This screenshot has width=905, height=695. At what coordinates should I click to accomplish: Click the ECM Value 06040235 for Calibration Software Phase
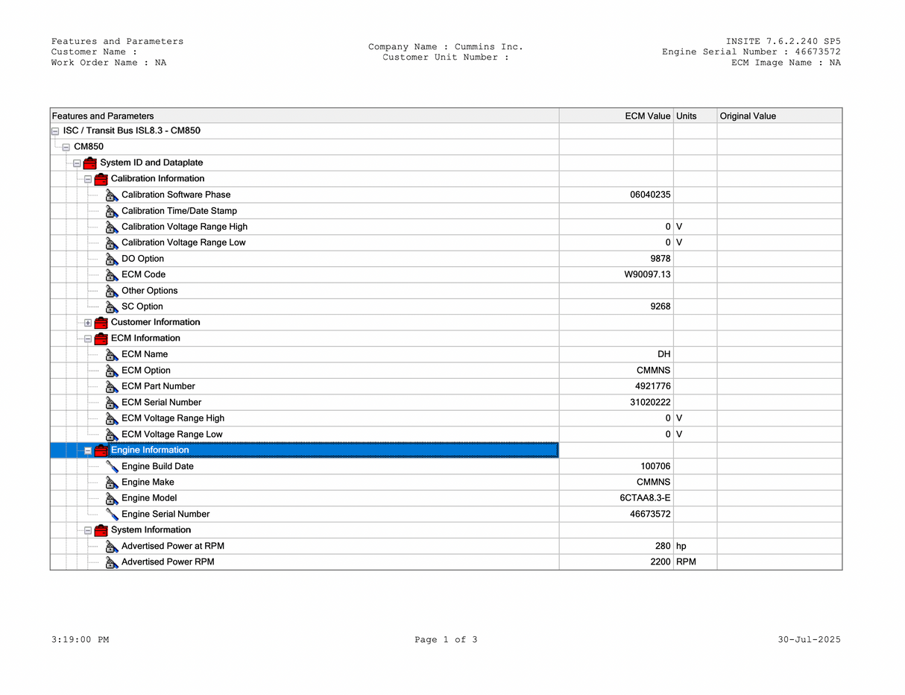(x=650, y=195)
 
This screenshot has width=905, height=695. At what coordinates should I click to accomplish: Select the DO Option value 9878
(x=660, y=259)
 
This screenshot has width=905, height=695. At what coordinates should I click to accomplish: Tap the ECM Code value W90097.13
(x=647, y=274)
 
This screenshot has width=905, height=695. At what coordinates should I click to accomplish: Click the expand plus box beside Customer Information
(x=88, y=323)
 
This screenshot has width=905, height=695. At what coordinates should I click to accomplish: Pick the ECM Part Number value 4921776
(x=652, y=386)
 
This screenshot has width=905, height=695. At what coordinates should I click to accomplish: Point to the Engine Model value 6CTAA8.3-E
(x=646, y=498)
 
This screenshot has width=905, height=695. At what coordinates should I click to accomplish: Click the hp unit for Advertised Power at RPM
(x=681, y=546)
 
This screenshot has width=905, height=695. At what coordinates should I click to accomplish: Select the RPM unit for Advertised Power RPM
(x=686, y=562)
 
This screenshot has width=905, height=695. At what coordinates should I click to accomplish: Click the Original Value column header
(x=748, y=116)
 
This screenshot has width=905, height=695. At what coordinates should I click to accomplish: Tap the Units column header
(x=686, y=116)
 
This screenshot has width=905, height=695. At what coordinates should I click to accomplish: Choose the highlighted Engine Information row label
(x=150, y=450)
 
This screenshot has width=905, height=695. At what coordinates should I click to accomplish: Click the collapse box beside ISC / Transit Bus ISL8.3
(x=55, y=131)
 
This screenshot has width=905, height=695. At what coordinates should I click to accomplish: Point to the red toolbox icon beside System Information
(x=101, y=530)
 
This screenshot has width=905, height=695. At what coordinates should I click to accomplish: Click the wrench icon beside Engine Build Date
(x=112, y=466)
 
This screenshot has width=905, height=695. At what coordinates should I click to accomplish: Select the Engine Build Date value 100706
(x=655, y=466)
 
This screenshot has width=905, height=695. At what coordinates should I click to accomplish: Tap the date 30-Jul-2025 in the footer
(x=809, y=640)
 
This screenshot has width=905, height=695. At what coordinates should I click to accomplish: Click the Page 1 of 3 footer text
(x=446, y=640)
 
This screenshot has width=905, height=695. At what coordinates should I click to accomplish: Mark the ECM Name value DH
(x=663, y=354)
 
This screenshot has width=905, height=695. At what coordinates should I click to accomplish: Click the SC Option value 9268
(x=660, y=306)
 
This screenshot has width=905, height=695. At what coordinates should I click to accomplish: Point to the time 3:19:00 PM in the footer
(x=81, y=640)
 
